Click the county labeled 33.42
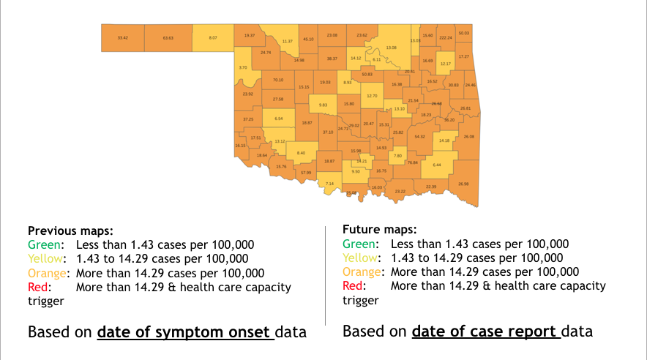(123, 37)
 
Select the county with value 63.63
(168, 37)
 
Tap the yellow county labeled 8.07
(213, 37)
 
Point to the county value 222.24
(446, 36)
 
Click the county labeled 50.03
(463, 33)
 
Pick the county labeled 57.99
(306, 173)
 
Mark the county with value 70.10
(277, 80)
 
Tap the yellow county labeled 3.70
(243, 67)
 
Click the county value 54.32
(419, 137)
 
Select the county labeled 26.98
(463, 184)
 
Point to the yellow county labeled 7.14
(329, 184)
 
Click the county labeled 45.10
(308, 39)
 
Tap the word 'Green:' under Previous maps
(45, 244)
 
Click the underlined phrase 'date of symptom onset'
(186, 332)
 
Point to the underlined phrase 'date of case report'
(486, 331)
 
